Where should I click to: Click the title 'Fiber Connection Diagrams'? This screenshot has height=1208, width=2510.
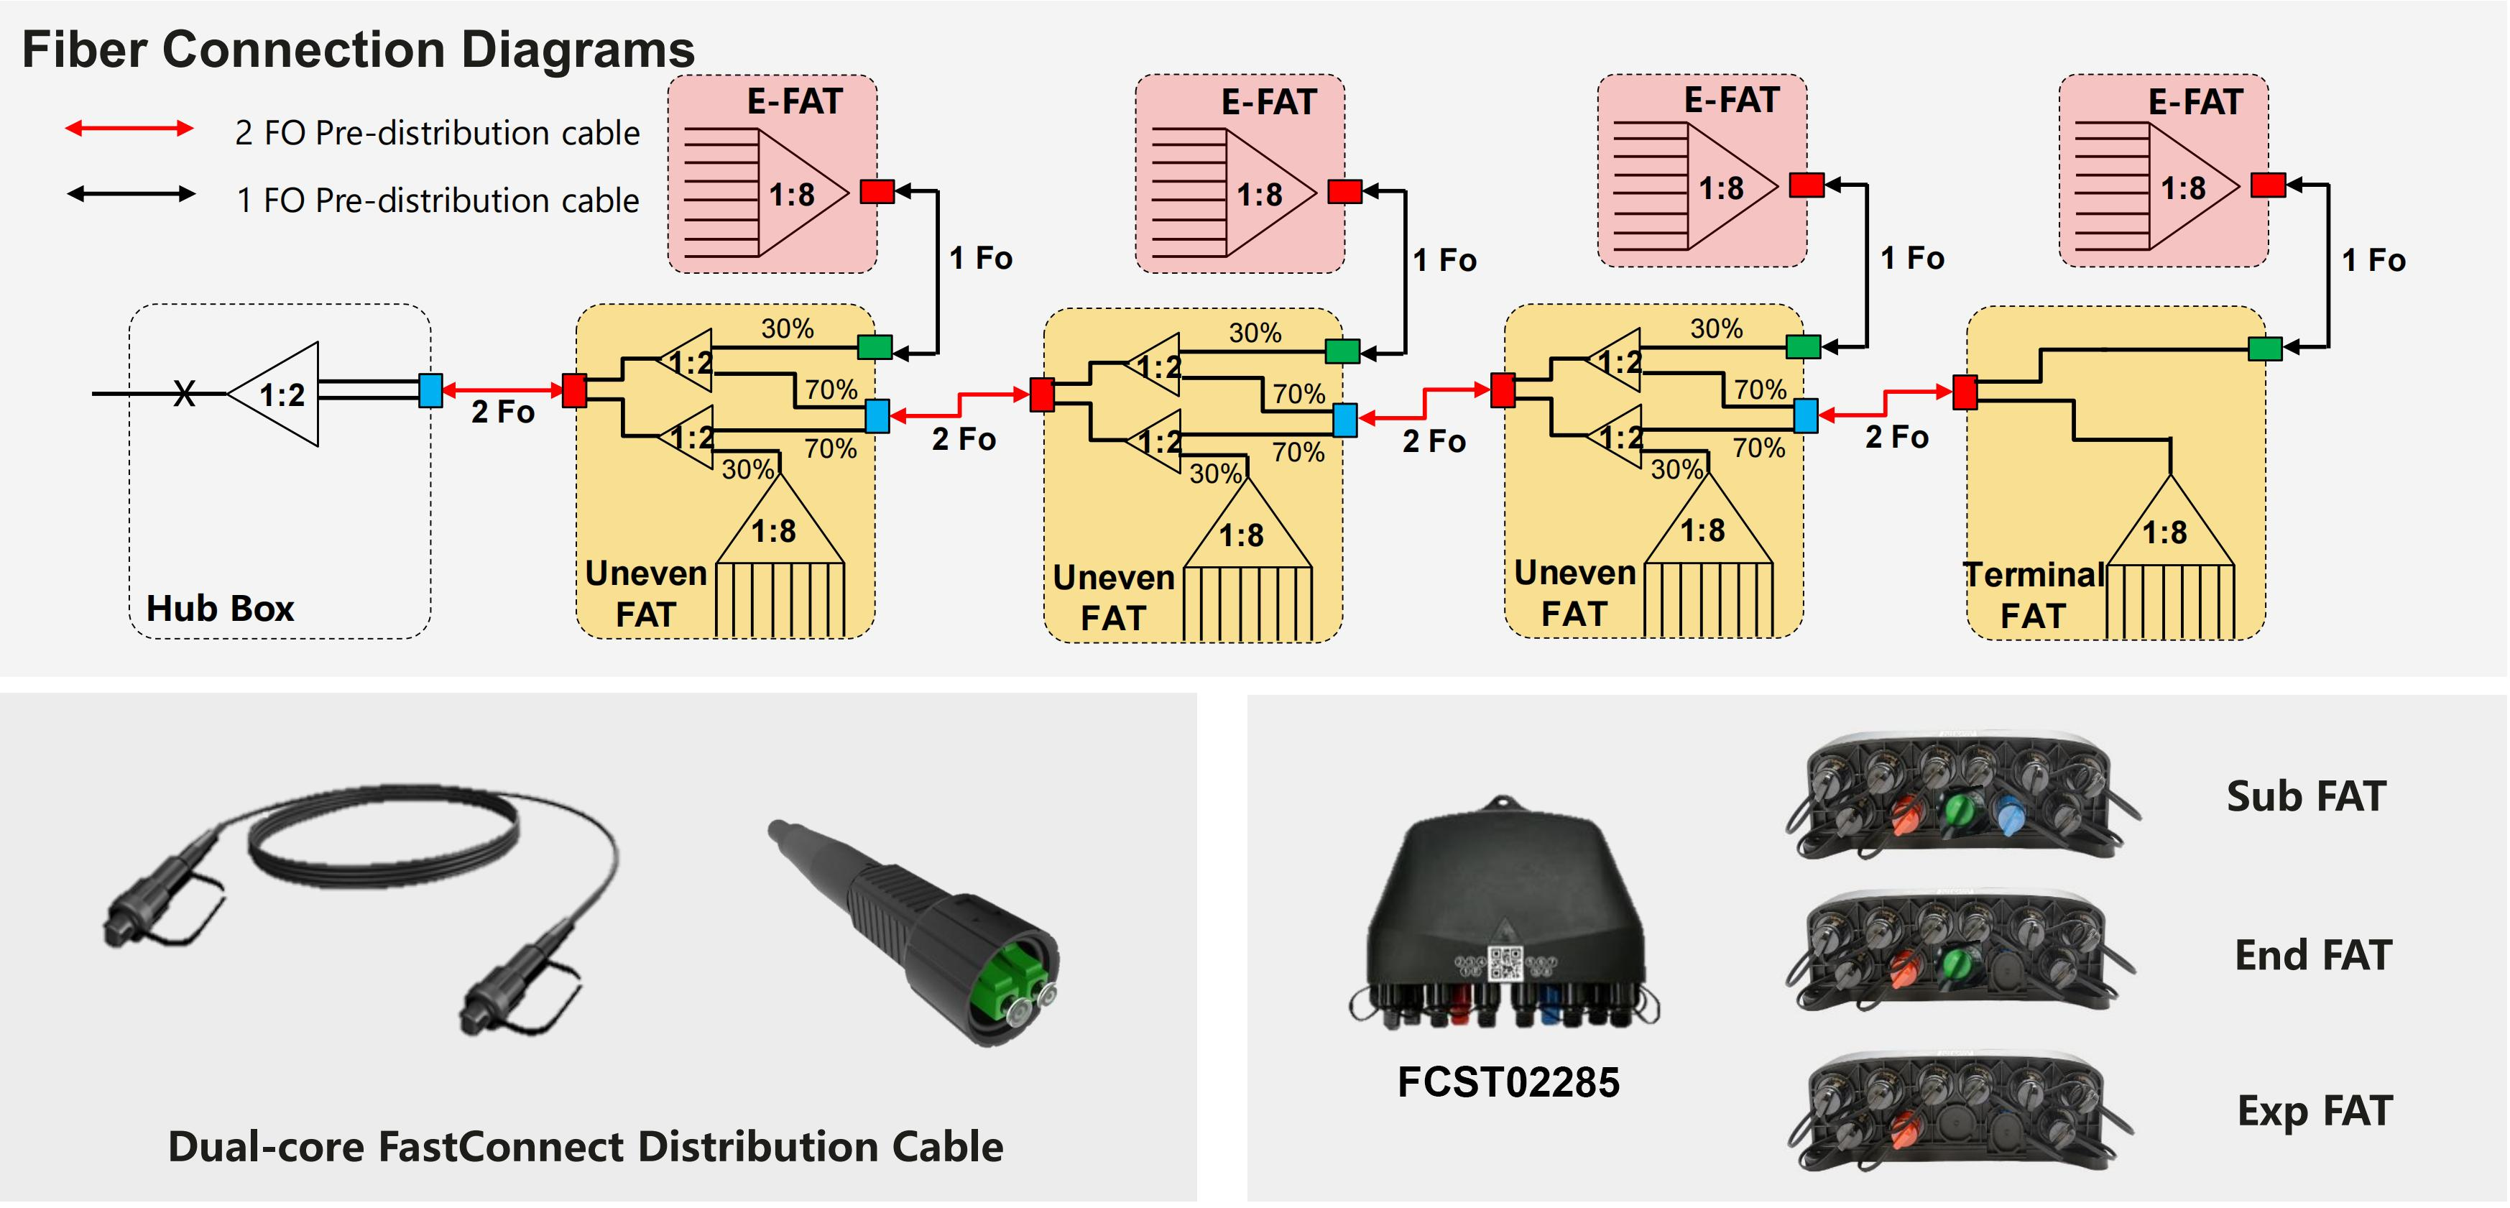click(x=358, y=50)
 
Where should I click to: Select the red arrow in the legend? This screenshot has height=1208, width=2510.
click(x=129, y=129)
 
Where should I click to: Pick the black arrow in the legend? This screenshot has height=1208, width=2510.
click(x=131, y=194)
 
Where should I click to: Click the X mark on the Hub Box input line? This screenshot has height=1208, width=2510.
click(x=184, y=394)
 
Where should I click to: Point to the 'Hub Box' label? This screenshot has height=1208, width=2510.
click(x=219, y=608)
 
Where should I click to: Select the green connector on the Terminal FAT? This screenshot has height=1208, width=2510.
click(x=2264, y=348)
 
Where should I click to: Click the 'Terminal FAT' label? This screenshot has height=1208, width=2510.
click(x=2033, y=594)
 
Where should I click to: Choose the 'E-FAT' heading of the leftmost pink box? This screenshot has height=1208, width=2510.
click(x=794, y=101)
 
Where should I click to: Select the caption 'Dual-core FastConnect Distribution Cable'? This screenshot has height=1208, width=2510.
click(x=585, y=1147)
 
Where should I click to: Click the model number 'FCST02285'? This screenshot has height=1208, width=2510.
click(x=1508, y=1082)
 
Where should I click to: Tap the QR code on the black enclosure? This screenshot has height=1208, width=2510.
click(x=1505, y=964)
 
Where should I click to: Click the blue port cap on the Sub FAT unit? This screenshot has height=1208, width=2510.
click(x=2009, y=814)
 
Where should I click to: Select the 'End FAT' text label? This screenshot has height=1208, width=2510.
click(x=2312, y=955)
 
